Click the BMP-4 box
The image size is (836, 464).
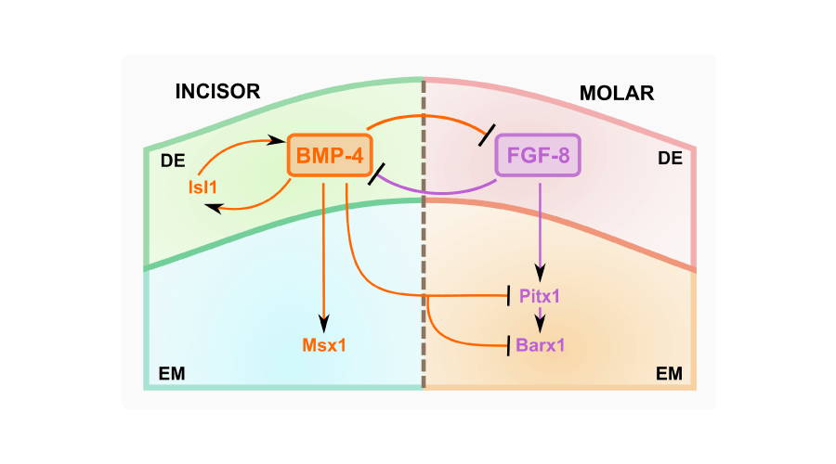click(330, 155)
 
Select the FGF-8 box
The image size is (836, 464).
click(538, 155)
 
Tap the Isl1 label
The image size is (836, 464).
click(202, 187)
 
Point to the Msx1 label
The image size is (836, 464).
click(324, 345)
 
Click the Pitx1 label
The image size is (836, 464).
click(540, 296)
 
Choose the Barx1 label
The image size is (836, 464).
click(540, 345)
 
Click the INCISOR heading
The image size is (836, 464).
click(217, 92)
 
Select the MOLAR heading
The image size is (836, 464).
click(617, 93)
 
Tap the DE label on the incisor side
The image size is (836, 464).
click(173, 161)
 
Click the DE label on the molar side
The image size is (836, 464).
click(670, 158)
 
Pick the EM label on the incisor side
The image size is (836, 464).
click(172, 374)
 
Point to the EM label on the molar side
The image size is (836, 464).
click(669, 374)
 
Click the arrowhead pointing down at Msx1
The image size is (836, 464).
click(323, 323)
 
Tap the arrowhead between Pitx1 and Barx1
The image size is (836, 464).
click(540, 325)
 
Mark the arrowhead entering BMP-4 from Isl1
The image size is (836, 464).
click(276, 140)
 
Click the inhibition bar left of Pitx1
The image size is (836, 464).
click(509, 296)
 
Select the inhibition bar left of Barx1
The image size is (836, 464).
click(509, 346)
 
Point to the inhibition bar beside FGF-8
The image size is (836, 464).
click(487, 135)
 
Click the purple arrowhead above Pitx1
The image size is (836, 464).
click(540, 273)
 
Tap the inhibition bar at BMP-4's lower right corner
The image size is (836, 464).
click(376, 174)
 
